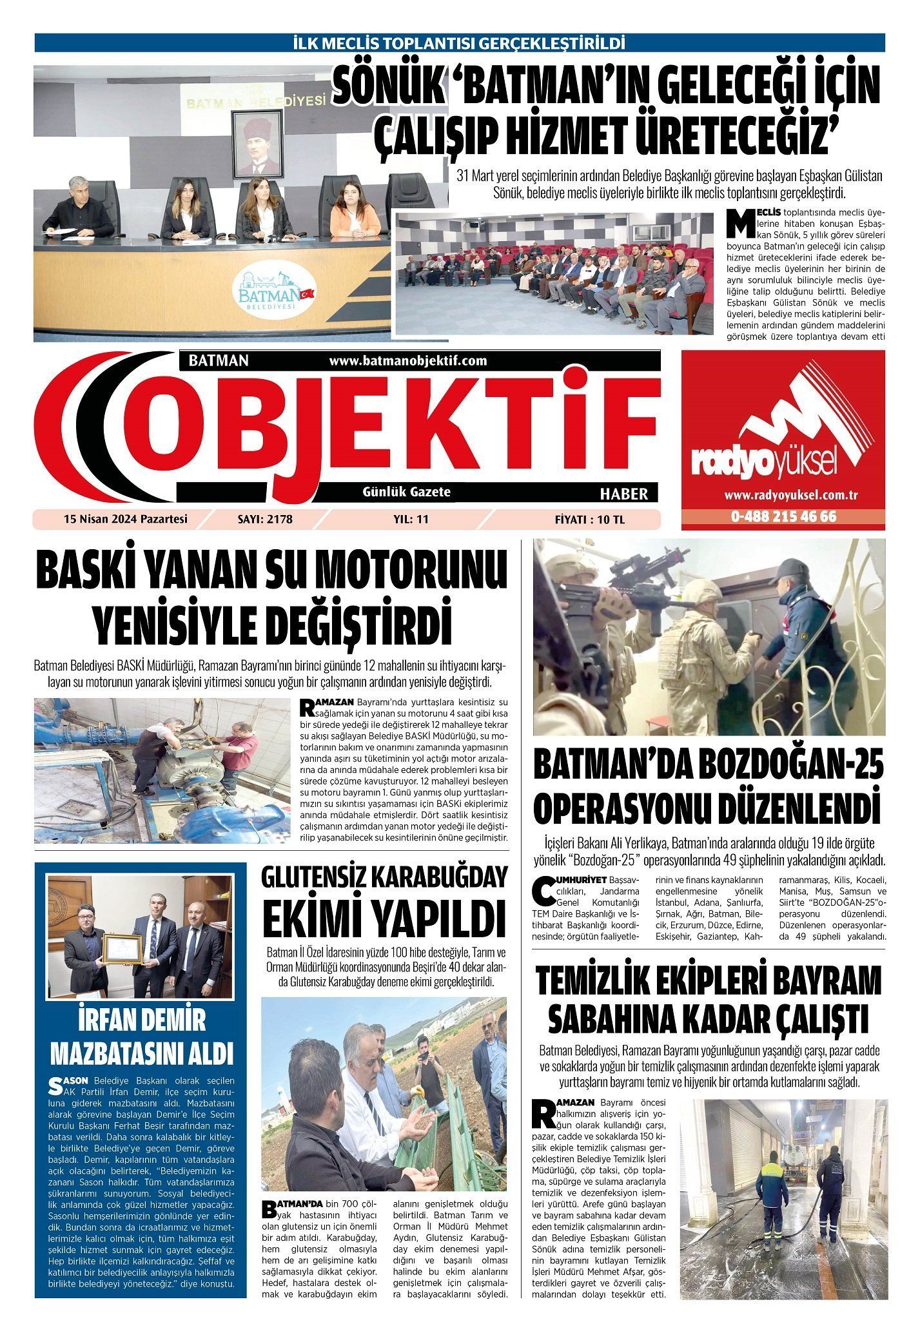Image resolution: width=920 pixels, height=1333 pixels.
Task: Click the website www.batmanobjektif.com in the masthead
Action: [407, 361]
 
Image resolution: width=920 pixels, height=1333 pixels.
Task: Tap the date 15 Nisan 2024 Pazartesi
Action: [125, 518]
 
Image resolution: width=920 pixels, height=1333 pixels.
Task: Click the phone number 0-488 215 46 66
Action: [783, 517]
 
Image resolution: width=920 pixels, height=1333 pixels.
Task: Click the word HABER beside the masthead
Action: [623, 494]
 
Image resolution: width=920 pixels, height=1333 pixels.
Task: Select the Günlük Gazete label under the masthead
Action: [407, 492]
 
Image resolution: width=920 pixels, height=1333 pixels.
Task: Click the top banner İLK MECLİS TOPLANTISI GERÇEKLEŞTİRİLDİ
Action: [459, 43]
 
